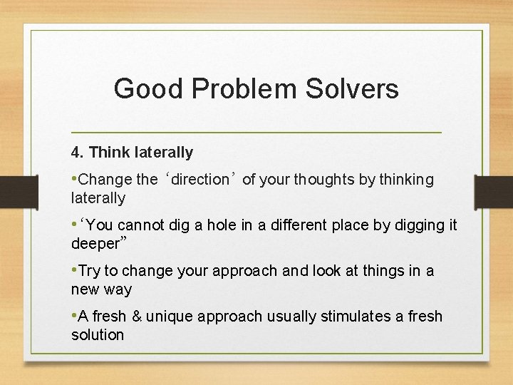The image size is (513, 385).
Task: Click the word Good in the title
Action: pos(143,89)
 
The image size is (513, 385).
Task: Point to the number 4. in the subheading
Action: pos(78,152)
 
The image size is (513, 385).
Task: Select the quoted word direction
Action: pos(199,180)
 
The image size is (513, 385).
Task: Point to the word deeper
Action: pos(95,244)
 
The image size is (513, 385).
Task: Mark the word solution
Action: pos(98,335)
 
